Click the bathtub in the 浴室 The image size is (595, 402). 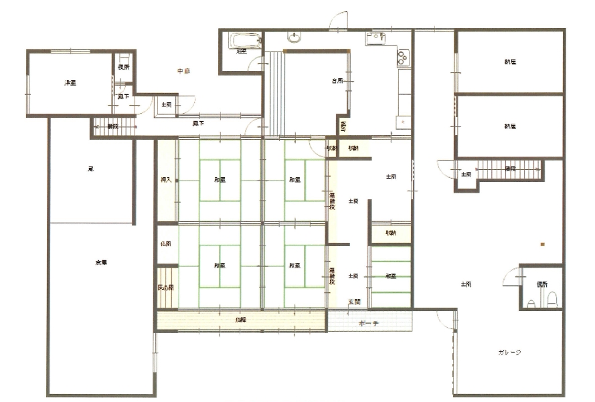click(240, 41)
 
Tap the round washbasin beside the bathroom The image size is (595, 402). click(293, 37)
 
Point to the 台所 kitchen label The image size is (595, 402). click(337, 81)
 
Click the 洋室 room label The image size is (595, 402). click(69, 83)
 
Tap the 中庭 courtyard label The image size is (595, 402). click(183, 71)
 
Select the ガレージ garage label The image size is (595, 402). click(510, 352)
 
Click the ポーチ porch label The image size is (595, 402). click(369, 324)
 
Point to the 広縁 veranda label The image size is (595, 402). click(240, 320)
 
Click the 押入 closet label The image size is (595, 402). click(166, 179)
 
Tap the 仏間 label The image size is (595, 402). click(165, 244)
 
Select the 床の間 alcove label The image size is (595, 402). click(165, 288)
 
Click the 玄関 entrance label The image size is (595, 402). click(353, 302)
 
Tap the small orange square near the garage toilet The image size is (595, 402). click(542, 244)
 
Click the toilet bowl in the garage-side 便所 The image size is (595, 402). click(551, 302)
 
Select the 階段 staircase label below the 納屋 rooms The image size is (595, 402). click(510, 169)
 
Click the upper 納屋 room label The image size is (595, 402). click(510, 62)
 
